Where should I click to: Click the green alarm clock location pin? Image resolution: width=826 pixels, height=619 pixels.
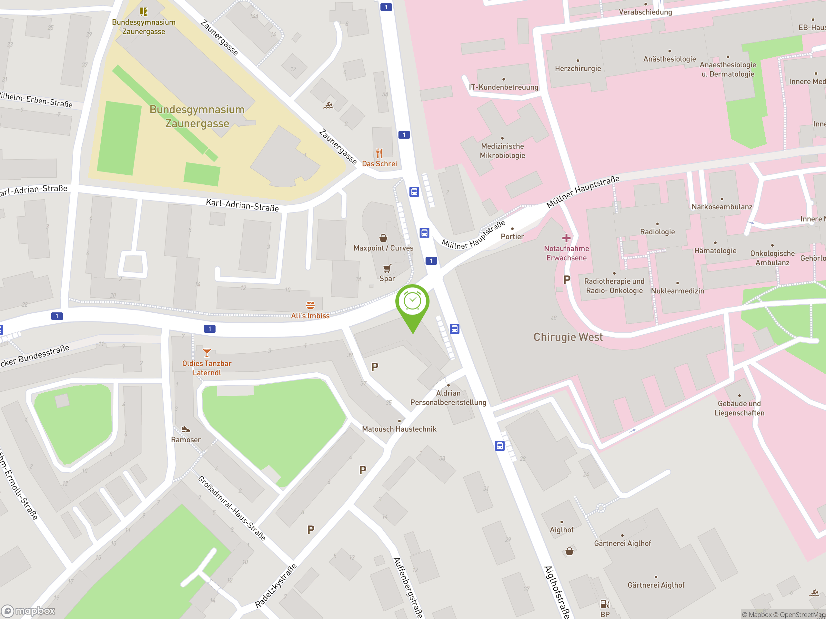412,301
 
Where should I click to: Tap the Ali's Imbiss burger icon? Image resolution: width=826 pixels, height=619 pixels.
310,305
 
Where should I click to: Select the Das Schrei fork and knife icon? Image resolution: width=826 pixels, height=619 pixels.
379,153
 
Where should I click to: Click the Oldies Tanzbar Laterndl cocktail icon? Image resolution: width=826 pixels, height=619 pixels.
206,353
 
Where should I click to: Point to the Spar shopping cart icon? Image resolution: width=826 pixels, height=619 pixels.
387,268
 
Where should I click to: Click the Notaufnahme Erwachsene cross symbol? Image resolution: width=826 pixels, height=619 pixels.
566,238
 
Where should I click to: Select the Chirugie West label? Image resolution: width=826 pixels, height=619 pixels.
568,337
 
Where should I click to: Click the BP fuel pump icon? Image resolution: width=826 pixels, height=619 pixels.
605,604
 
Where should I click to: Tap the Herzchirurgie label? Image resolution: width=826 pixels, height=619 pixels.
578,68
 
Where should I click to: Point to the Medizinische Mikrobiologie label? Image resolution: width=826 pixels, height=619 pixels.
502,151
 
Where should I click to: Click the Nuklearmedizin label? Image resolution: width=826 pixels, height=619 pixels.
677,291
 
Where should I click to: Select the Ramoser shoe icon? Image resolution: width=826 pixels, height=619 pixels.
186,429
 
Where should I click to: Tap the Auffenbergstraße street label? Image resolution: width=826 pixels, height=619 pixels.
408,588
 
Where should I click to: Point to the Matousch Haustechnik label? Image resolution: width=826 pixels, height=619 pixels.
399,429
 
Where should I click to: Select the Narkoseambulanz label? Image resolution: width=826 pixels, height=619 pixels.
721,207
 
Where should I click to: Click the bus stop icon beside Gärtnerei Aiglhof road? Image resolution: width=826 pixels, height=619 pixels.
499,446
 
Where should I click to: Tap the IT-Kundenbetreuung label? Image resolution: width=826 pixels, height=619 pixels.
503,87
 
